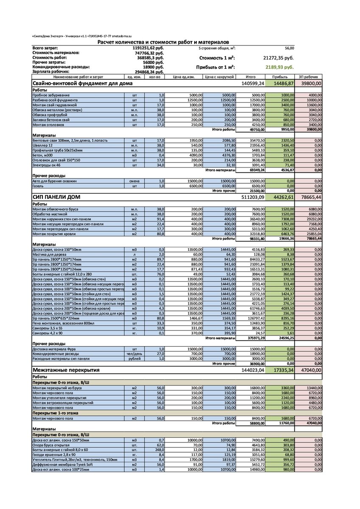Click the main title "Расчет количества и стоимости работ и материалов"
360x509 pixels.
point(163,42)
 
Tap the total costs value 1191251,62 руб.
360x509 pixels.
point(148,48)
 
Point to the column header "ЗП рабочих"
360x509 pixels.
point(308,77)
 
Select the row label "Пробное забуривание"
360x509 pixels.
point(51,95)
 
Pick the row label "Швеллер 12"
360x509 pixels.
point(42,145)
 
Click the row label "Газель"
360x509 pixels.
point(39,186)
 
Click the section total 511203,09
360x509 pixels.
point(253,197)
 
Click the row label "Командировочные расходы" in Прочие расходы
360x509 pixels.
point(56,353)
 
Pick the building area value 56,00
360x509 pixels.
point(289,48)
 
